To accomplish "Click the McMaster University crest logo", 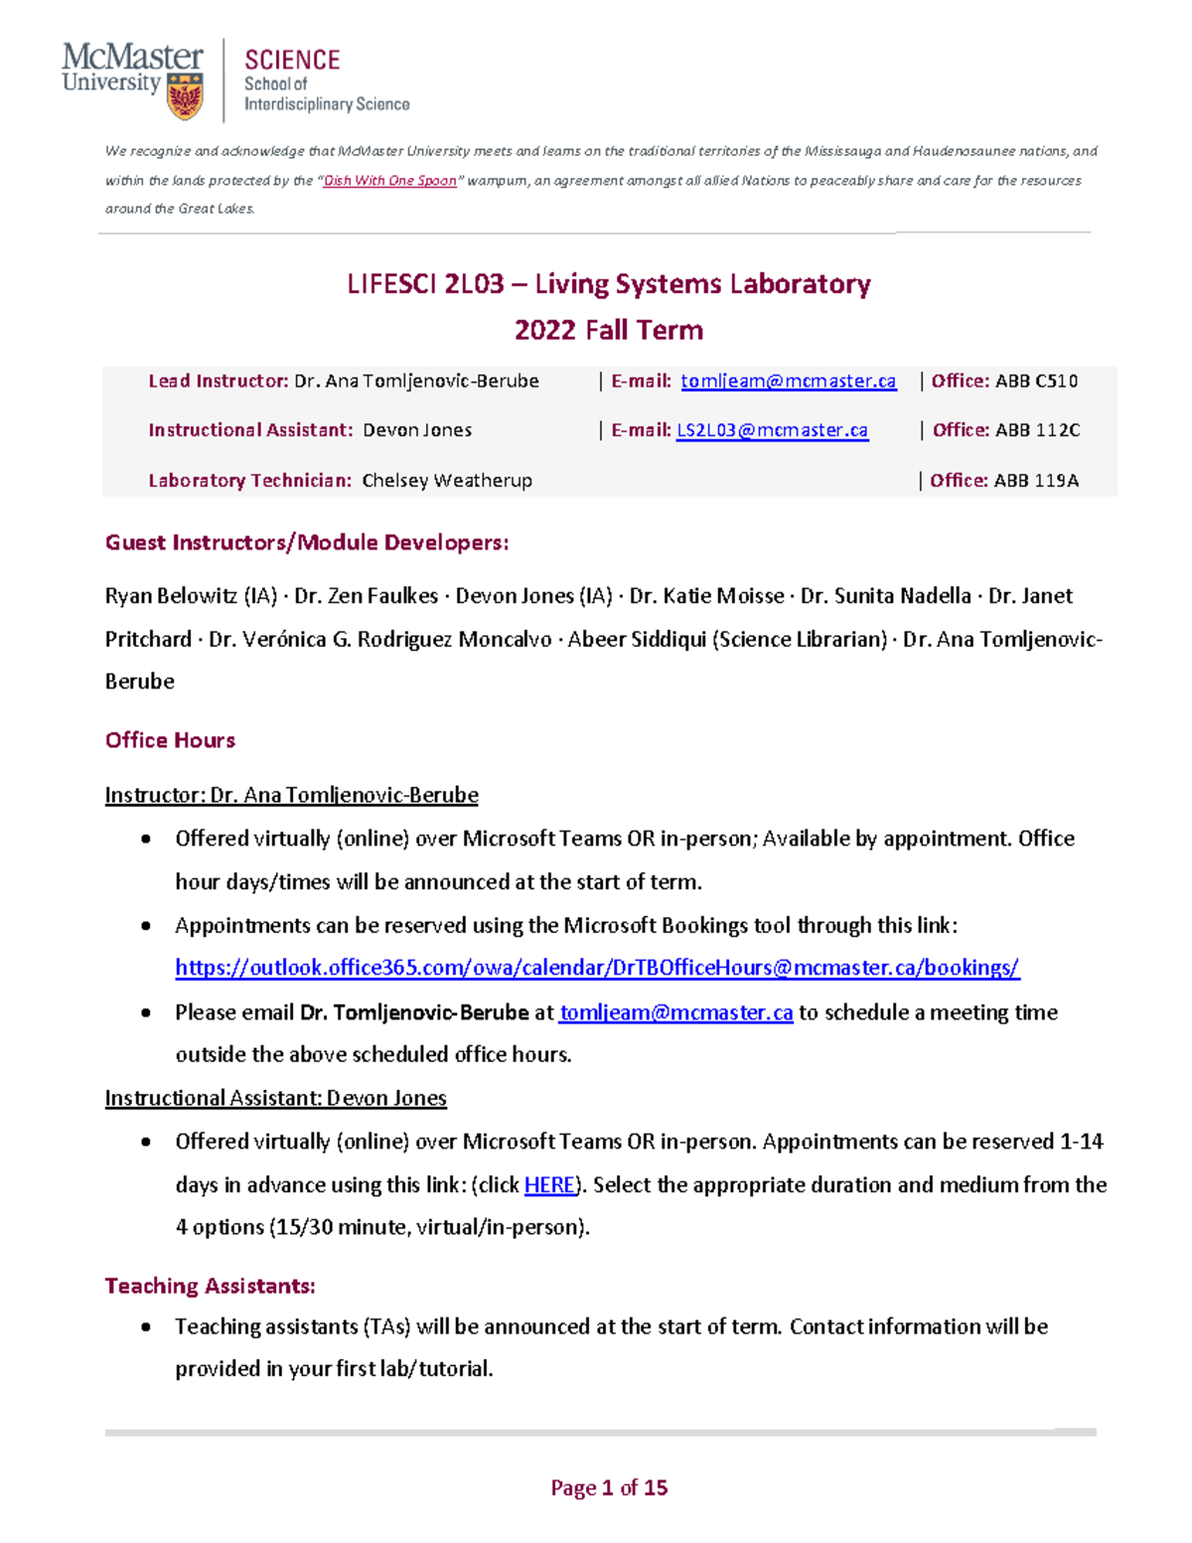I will [185, 97].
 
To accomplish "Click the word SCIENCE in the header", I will [292, 61].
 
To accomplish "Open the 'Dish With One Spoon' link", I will [389, 181].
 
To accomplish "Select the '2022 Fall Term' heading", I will [608, 330].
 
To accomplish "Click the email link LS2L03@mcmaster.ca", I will [772, 430].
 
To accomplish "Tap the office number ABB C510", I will [1036, 381].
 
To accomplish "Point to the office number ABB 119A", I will [1036, 481].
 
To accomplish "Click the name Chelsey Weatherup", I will [447, 481].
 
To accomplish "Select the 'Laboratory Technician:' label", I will [249, 481].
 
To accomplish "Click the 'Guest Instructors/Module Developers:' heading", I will [307, 542].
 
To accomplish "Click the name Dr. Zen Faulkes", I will [366, 596].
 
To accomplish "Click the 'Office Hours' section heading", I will [170, 740].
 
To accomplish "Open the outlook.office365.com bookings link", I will [597, 968].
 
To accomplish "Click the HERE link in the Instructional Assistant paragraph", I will [549, 1184].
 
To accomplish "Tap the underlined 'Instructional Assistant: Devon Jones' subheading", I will [275, 1098].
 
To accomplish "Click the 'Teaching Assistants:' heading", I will [210, 1286].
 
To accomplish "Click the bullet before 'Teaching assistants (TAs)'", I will [146, 1327].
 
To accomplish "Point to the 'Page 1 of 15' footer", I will [608, 1487].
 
